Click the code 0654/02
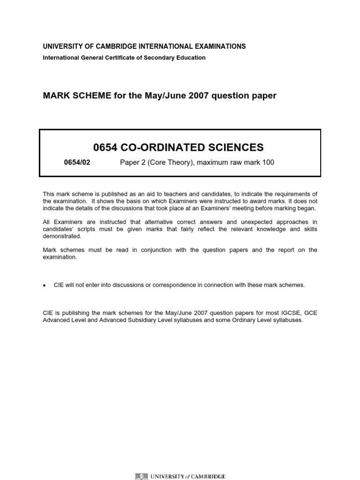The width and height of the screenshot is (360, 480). pyautogui.click(x=76, y=163)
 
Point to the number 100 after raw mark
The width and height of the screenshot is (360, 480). pyautogui.click(x=267, y=163)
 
